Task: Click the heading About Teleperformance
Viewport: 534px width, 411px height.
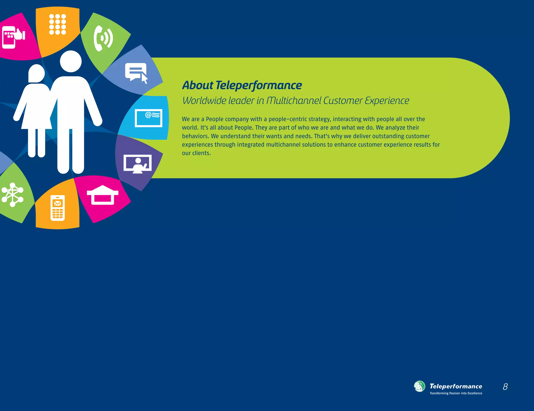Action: pos(242,85)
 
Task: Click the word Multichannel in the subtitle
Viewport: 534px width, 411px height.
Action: pos(294,101)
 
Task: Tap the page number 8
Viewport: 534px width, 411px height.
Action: pos(505,386)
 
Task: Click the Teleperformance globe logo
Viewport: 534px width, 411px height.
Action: pos(420,386)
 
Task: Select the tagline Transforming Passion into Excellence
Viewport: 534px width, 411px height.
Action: pos(456,393)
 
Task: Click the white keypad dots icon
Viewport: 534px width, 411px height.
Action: pos(58,24)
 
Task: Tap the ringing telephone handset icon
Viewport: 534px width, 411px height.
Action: pos(103,39)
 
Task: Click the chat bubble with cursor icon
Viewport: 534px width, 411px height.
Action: pos(136,72)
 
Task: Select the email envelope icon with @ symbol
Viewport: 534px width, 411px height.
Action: pos(148,118)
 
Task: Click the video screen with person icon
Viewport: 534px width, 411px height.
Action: pos(137,164)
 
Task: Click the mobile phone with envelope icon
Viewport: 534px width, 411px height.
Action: pos(58,208)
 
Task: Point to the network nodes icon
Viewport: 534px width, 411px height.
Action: pos(12,195)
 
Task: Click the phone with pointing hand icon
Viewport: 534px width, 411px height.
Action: pos(13,37)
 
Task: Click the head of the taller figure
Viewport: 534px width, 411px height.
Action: pos(71,61)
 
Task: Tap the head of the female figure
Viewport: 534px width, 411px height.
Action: pos(37,73)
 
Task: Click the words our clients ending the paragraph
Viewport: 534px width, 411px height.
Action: pos(196,153)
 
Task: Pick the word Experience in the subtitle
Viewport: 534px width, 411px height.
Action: pos(387,101)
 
